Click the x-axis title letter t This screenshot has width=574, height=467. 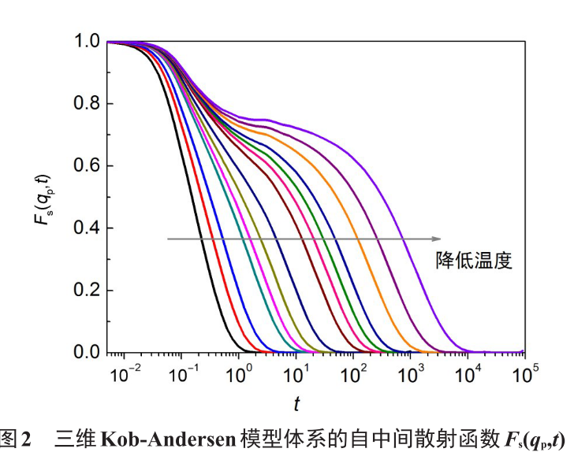click(x=297, y=405)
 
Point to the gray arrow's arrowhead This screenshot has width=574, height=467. click(x=435, y=239)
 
